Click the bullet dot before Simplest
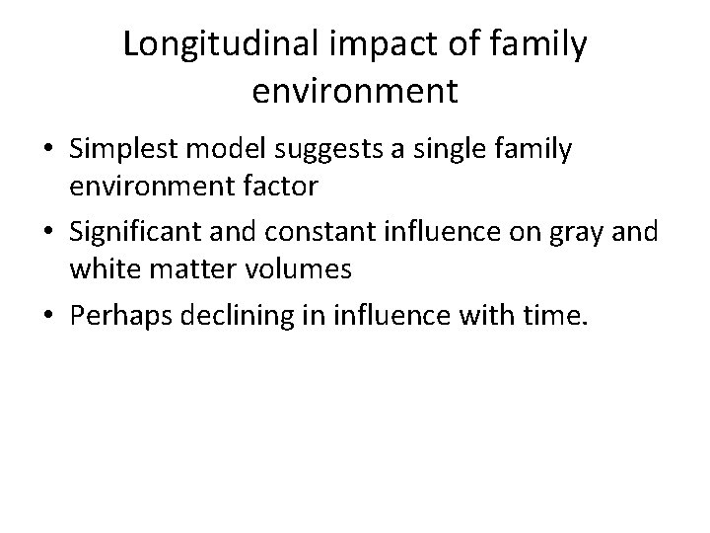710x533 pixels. click(48, 152)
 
